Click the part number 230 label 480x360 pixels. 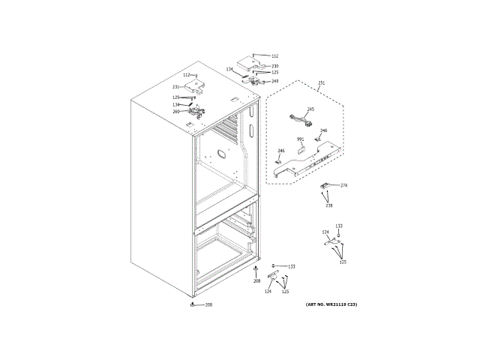pos(274,66)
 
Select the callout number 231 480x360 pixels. pos(175,88)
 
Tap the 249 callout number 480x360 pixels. pos(274,81)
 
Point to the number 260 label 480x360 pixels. pos(175,112)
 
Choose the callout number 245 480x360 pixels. pos(310,109)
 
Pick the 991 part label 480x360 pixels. pos(300,139)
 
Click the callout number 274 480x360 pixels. pos(343,184)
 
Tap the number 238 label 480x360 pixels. pos(328,205)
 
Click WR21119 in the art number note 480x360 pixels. pos(334,304)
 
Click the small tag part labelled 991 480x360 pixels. pos(301,150)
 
